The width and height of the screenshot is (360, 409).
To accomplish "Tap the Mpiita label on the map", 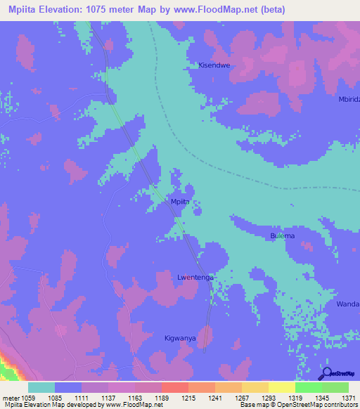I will pyautogui.click(x=181, y=202).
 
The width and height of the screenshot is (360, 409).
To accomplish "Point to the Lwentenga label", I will pyautogui.click(x=193, y=278).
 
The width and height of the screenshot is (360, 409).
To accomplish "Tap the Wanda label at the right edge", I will pyautogui.click(x=348, y=304).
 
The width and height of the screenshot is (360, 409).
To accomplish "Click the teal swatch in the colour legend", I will pyautogui.click(x=41, y=387).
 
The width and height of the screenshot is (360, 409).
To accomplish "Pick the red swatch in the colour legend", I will pyautogui.click(x=174, y=387).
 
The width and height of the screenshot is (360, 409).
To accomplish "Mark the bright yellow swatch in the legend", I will pyautogui.click(x=281, y=387).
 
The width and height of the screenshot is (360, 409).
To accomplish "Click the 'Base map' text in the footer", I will pyautogui.click(x=252, y=405).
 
